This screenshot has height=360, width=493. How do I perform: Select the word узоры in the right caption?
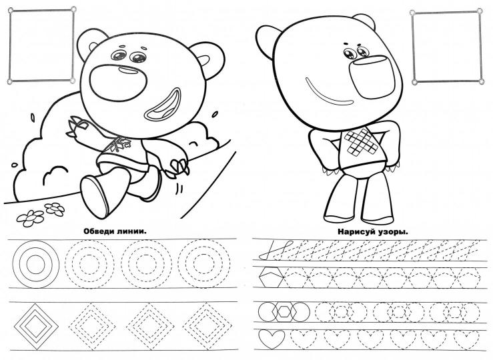point(389,233)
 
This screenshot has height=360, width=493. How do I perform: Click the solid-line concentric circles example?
point(36,241)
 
